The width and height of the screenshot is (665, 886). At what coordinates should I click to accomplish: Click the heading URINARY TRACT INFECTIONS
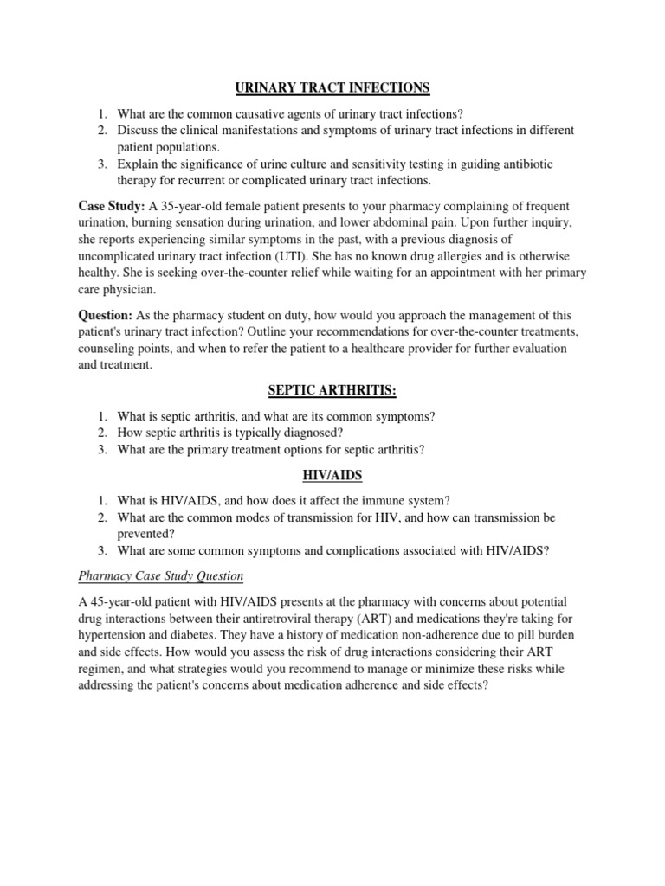coord(332,87)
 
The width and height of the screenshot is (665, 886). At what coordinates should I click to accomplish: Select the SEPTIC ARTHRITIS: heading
coord(332,391)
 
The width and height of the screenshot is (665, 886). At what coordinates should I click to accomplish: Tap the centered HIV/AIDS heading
coord(332,475)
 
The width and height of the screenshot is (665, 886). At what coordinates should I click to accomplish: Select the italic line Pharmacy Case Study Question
coord(160,575)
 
